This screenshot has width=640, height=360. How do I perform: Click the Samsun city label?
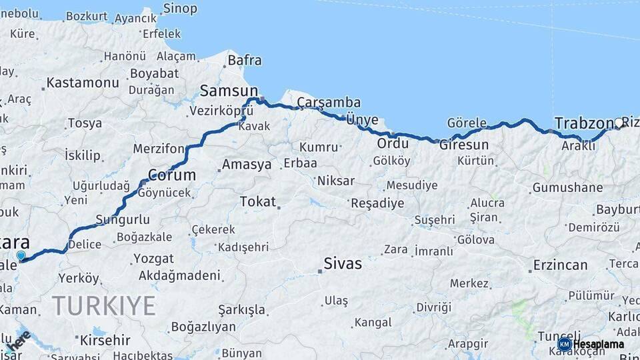coord(229,91)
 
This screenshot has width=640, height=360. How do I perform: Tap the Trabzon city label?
coord(583,123)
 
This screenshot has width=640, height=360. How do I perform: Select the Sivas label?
coord(343,263)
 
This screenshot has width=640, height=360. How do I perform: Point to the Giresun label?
coord(464,145)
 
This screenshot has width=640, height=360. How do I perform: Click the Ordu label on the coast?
coord(393,143)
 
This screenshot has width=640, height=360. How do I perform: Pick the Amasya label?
coord(247,164)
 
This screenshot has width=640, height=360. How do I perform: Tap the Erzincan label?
coord(560,265)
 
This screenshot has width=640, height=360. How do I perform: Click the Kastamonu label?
coord(82,83)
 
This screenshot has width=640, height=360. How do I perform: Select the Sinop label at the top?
coord(180,9)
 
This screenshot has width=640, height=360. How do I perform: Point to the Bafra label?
coord(245,61)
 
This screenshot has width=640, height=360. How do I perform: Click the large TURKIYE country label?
coord(104,305)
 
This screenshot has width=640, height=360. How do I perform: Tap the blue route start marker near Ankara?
coord(21,255)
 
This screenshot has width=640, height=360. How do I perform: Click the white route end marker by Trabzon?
coord(619,123)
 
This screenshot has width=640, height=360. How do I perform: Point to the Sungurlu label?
coord(122,219)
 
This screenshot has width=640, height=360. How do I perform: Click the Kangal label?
coord(373,323)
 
